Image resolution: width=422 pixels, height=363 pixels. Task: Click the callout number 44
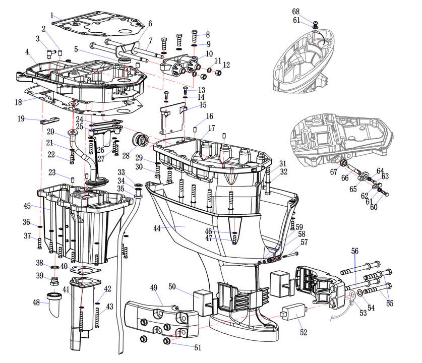pos(157,228)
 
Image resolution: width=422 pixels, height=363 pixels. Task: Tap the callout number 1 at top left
pos(52,15)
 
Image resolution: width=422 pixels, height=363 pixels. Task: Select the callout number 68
pos(295,12)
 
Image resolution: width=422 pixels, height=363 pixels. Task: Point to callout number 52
pos(303,332)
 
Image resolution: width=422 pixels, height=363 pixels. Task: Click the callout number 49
pos(154,288)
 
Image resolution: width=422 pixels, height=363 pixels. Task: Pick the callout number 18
pos(18,102)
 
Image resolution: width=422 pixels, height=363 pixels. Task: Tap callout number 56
pos(355,251)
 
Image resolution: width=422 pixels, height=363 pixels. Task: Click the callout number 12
pos(226,65)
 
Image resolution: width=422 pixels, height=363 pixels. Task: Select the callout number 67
pos(333,172)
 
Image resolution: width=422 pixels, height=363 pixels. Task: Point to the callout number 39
pos(39,275)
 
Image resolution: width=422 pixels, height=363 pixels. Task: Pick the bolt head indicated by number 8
pos(195,35)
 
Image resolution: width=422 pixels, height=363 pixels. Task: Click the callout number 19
pos(21,119)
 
